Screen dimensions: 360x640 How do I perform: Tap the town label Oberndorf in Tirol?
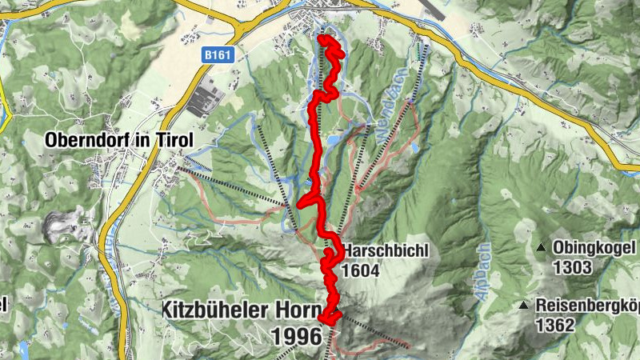tap(119, 139)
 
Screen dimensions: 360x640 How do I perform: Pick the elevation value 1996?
tap(296, 337)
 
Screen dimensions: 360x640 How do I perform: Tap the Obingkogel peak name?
tap(594, 248)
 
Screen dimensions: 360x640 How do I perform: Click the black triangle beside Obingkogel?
tap(542, 248)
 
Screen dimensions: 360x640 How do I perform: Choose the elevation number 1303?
tap(571, 267)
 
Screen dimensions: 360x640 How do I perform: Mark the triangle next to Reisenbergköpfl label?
tap(523, 305)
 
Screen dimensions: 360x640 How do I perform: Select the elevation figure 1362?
tap(555, 325)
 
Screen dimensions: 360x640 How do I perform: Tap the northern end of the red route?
tap(322, 38)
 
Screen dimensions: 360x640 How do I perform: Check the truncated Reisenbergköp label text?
tap(587, 305)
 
